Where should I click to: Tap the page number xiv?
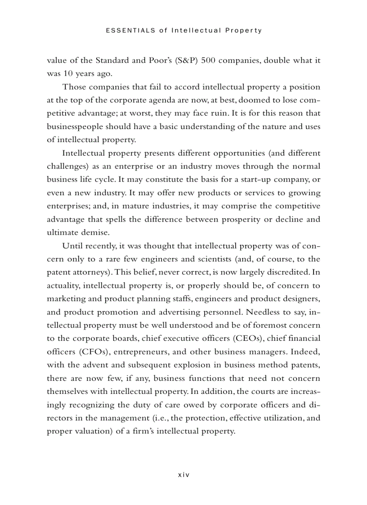tap(183, 474)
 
